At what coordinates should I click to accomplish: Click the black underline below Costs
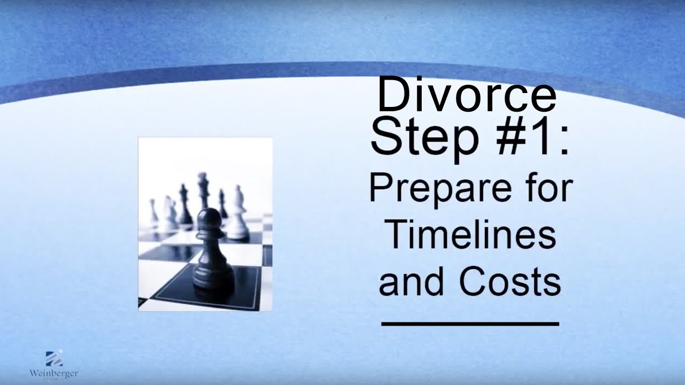[x=470, y=323]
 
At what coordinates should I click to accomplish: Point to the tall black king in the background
[x=202, y=192]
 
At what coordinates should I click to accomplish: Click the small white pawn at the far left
[x=154, y=211]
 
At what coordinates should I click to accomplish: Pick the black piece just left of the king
[x=185, y=206]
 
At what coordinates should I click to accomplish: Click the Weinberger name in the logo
[x=54, y=373]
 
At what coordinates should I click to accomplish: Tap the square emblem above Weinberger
[x=54, y=358]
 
